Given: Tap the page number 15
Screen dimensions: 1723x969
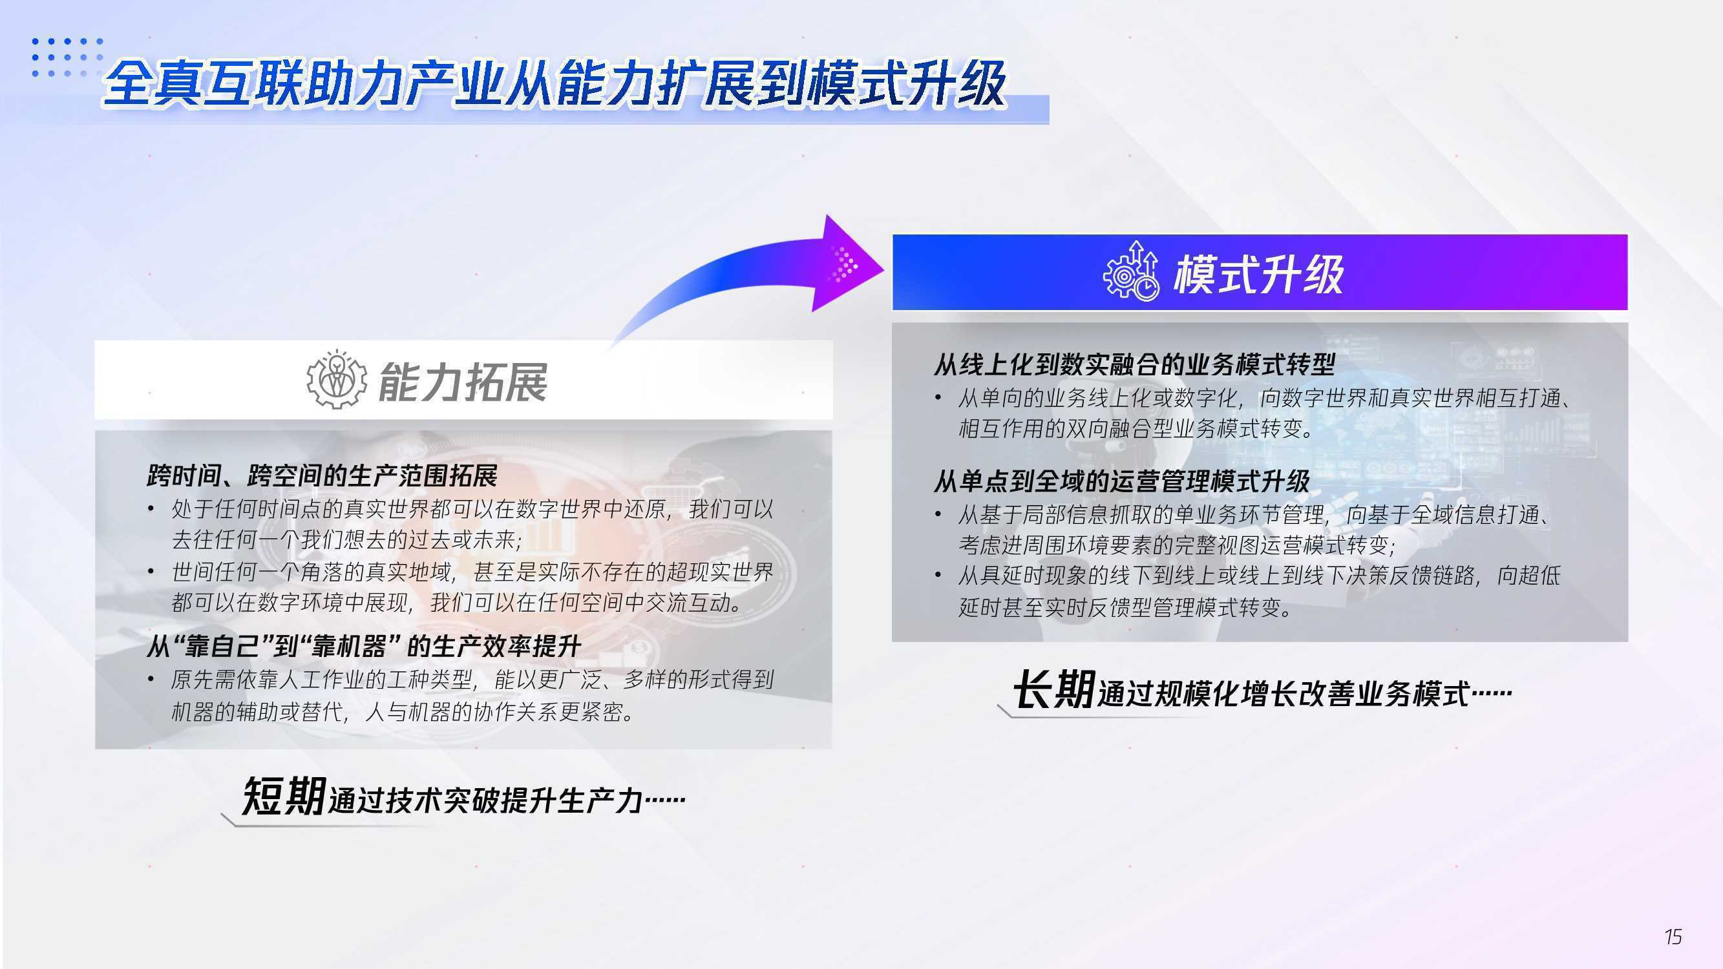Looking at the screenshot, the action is (1673, 936).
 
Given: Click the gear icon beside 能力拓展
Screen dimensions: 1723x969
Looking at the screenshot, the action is (337, 380).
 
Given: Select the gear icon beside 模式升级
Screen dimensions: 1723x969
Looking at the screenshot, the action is (1131, 271).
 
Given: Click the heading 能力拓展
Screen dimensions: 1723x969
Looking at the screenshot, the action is (463, 382).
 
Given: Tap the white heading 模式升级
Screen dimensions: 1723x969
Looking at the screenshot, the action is (1258, 274).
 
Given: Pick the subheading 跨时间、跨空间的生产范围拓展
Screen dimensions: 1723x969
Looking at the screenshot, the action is (322, 475).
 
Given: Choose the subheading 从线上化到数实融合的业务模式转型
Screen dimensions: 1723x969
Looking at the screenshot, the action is (1134, 364).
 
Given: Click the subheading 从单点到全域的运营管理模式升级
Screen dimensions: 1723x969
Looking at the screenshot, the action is (1122, 481).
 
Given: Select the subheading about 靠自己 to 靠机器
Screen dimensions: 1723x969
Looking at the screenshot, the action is (363, 646).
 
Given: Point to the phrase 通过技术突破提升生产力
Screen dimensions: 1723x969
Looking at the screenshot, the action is (485, 800).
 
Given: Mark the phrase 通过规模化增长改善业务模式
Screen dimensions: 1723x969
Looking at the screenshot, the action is (1283, 693).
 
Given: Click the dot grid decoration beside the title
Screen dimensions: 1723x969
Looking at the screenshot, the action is (68, 57).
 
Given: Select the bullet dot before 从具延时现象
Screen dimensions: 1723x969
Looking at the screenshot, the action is (938, 576).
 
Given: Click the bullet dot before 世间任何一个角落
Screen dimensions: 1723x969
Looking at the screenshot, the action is (151, 572).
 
